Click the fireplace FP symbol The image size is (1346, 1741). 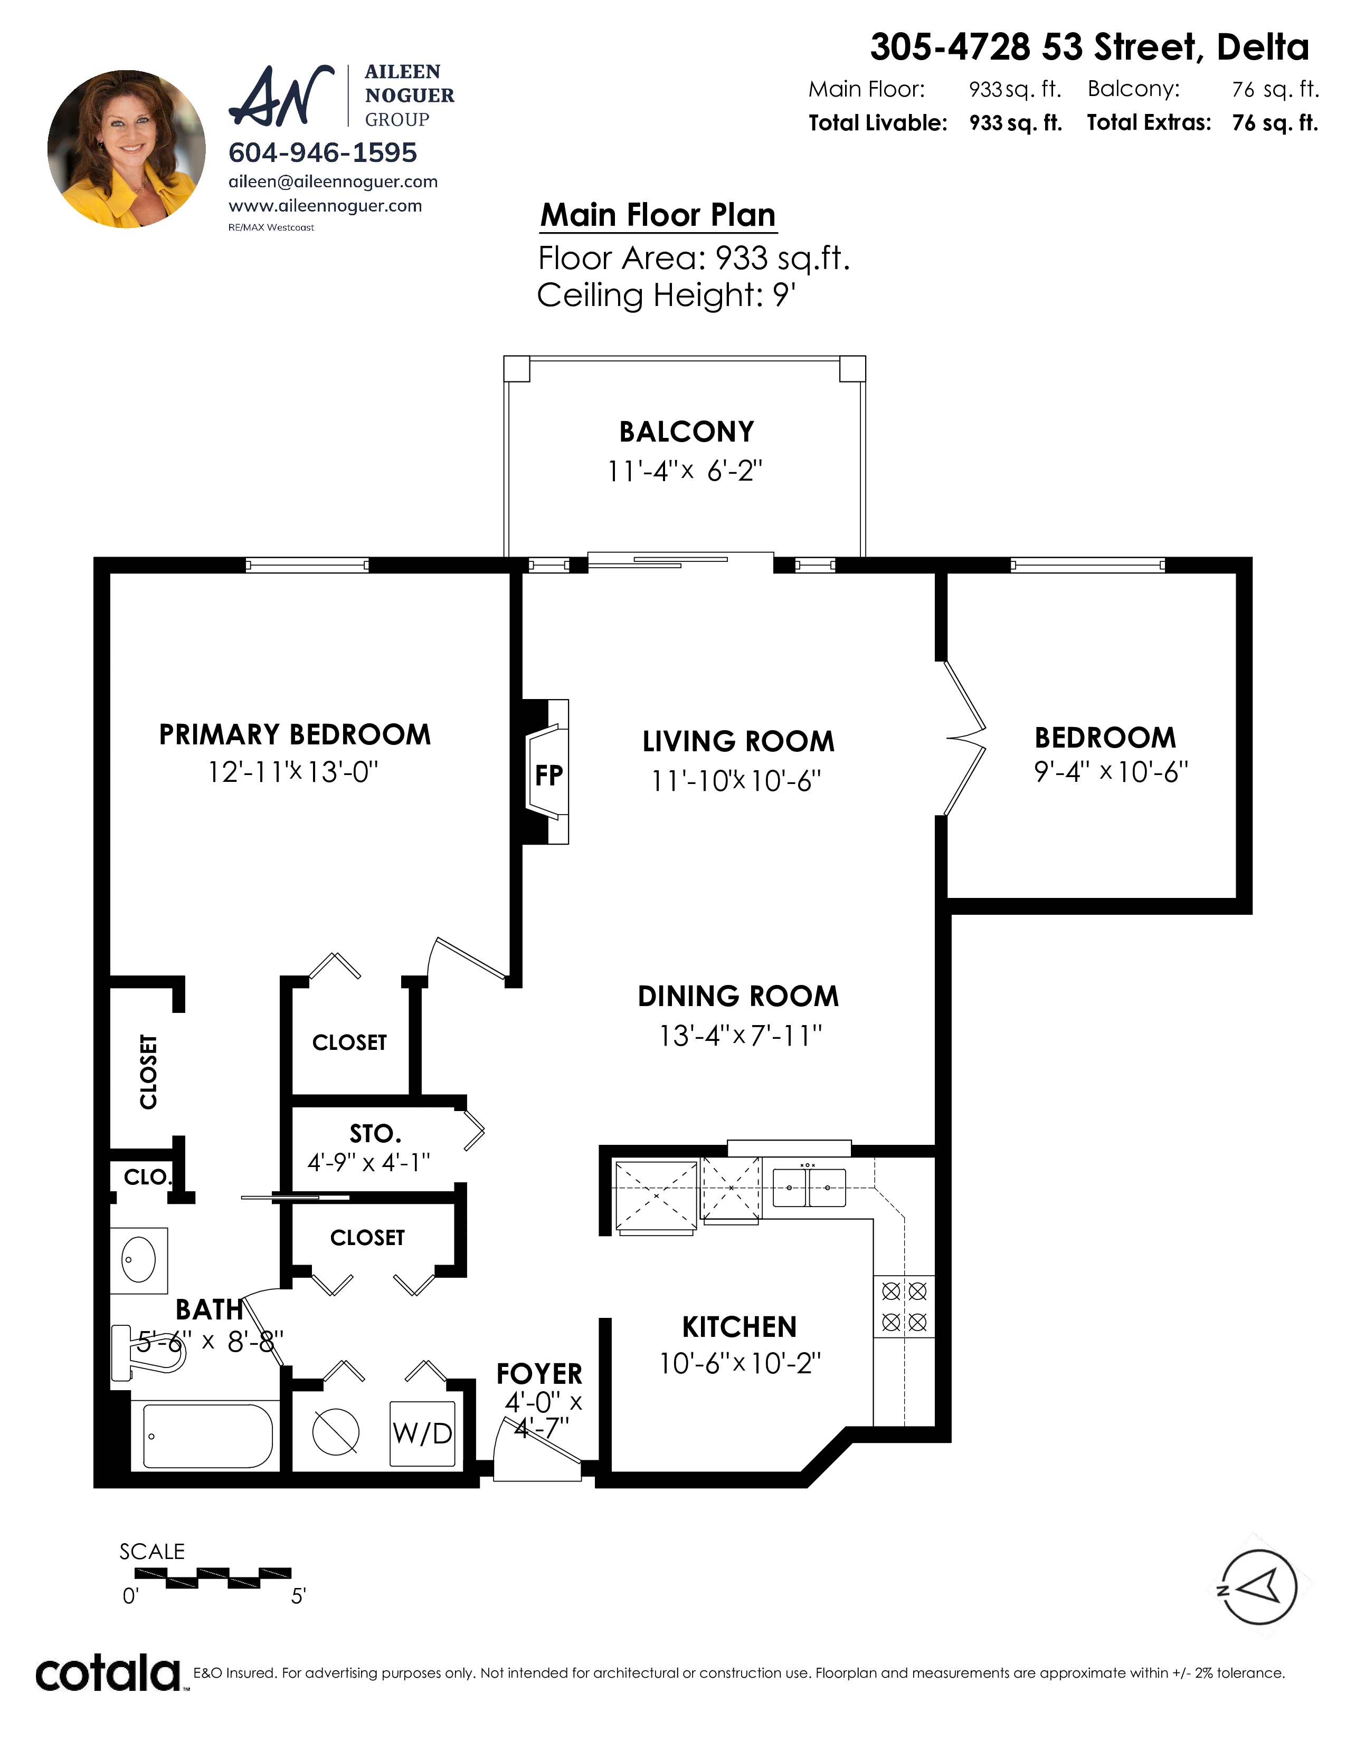point(547,772)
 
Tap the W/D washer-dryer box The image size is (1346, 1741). point(422,1433)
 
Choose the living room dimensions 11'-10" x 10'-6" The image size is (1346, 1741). point(736,780)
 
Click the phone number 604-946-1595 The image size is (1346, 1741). point(323,152)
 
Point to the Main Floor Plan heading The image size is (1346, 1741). point(658,215)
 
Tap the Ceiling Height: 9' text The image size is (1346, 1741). point(667,295)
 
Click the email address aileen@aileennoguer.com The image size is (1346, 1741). point(333,182)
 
